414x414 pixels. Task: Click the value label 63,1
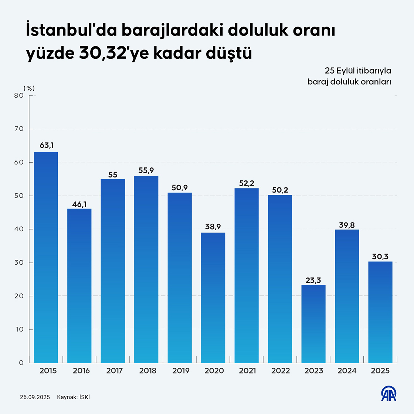[x=47, y=146]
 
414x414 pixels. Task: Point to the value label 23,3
[x=313, y=280]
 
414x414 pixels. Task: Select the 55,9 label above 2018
[x=146, y=170]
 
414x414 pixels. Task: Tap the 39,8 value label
[x=347, y=225]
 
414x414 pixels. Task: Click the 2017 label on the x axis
[x=115, y=371]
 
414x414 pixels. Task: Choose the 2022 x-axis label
[x=281, y=371]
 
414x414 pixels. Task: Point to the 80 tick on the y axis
[x=19, y=95]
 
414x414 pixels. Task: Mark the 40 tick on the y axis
[x=19, y=229]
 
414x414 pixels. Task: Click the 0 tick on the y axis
[x=21, y=363]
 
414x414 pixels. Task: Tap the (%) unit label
[x=29, y=88]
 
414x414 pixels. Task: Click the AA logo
[x=389, y=394]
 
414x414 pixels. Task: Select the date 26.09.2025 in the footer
[x=35, y=397]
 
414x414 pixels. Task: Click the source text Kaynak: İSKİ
[x=73, y=397]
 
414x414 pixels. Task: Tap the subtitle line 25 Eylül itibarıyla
[x=358, y=71]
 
